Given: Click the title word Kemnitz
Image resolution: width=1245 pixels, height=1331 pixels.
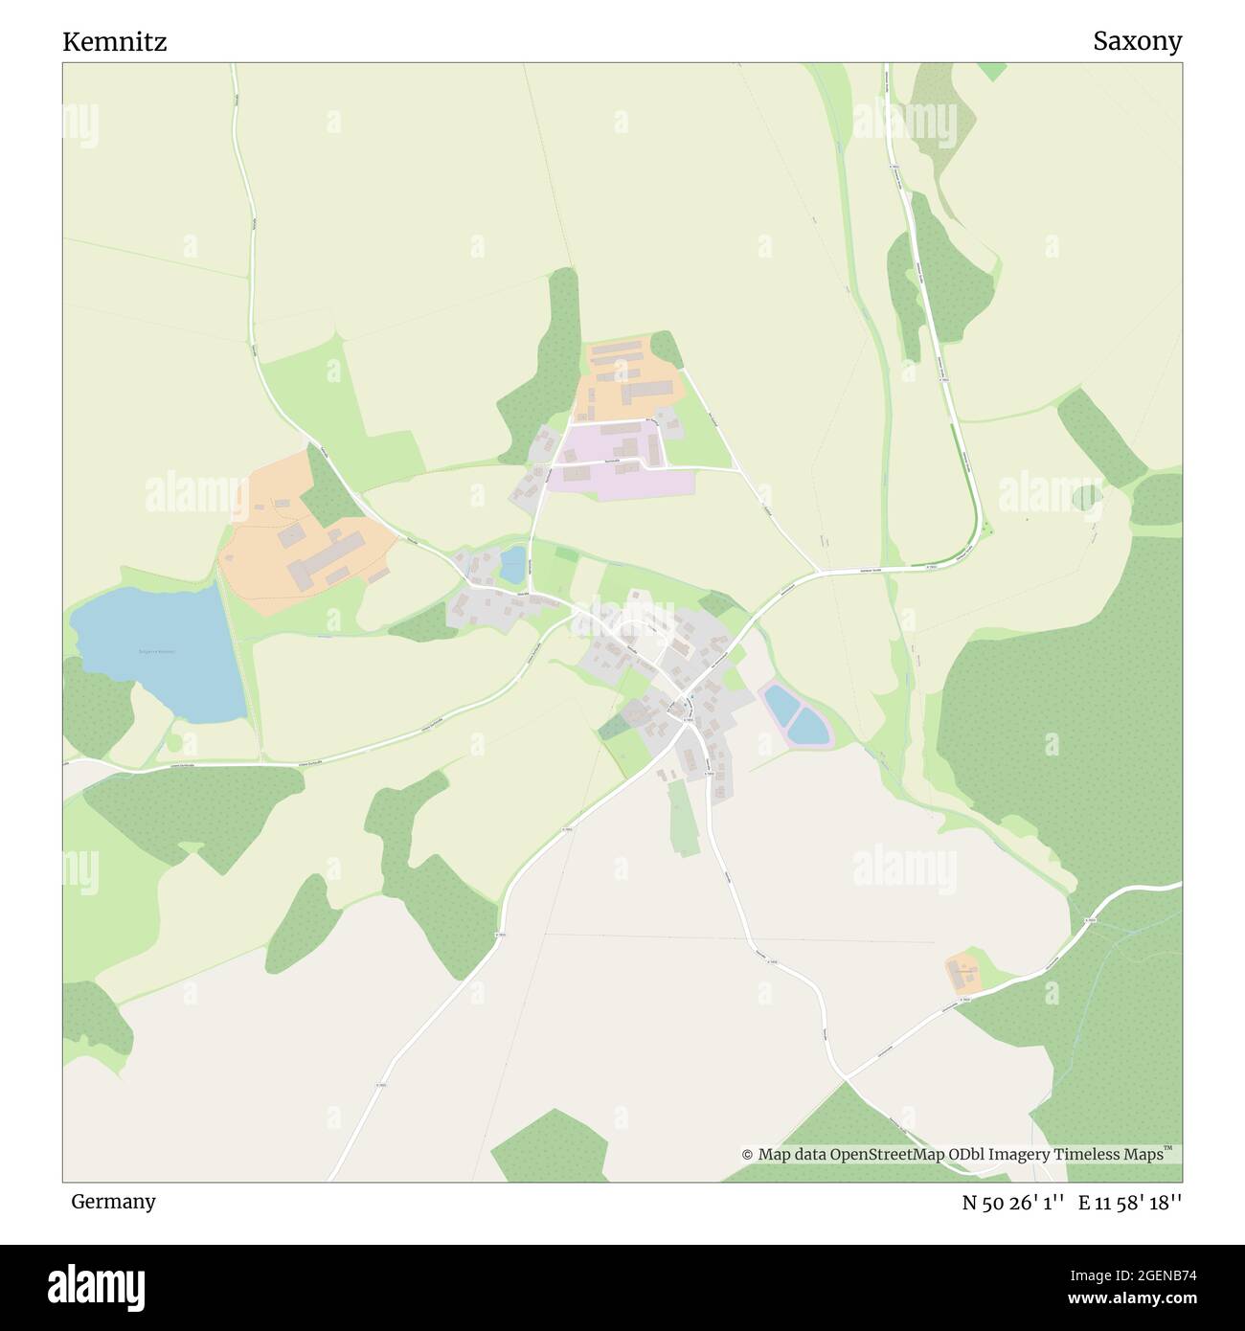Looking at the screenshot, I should pos(115,42).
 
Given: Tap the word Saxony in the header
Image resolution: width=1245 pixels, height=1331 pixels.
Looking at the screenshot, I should pos(1138,41).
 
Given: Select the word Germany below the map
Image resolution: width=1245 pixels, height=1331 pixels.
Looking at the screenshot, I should pos(113,1201).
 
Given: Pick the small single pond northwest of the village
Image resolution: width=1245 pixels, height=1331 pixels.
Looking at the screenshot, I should pos(513,565).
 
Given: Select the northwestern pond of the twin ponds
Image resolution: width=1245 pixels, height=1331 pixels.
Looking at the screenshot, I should pos(781,707).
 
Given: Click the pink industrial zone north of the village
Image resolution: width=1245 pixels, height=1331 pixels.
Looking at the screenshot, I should pos(622,464).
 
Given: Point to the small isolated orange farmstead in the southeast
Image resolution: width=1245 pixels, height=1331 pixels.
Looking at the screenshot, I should pos(963,974).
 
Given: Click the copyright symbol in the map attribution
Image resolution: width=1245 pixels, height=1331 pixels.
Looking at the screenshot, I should pos(747,1155).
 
